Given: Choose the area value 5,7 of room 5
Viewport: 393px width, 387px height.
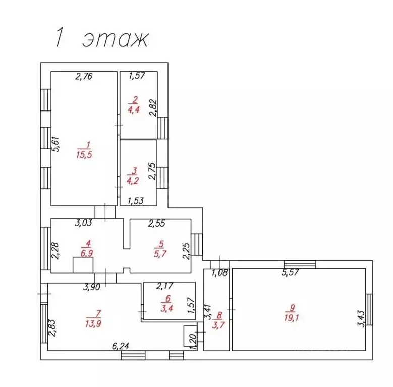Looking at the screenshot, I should (160, 253).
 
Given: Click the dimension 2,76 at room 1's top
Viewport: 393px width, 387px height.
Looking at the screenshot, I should (84, 77).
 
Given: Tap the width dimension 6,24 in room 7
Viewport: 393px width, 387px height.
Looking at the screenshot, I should (121, 346).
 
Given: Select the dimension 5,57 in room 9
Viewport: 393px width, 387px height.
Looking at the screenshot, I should (291, 273).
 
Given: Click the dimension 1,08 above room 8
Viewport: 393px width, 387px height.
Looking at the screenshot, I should (219, 273).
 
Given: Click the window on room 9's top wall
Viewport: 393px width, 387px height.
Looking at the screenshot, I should (300, 264).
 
